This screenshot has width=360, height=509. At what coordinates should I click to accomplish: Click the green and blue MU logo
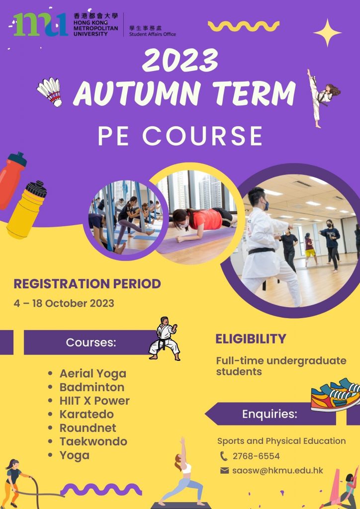click(41, 24)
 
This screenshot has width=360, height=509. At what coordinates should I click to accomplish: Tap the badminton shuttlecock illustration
click(50, 92)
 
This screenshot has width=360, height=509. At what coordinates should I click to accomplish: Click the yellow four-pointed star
click(327, 32)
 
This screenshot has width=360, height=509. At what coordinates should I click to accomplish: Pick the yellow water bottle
click(27, 210)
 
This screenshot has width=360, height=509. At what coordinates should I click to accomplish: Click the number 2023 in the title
click(180, 60)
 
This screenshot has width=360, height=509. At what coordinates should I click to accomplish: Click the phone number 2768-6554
click(256, 456)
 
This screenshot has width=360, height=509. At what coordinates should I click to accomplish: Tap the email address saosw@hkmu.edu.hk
click(278, 470)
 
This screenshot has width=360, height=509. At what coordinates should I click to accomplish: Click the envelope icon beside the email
click(225, 470)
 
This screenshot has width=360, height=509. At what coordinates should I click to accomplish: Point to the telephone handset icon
click(224, 456)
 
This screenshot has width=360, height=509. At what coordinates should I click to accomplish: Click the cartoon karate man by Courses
click(165, 339)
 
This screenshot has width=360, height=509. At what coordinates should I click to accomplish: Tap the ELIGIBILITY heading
click(251, 339)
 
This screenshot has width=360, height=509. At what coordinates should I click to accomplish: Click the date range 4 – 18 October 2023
click(64, 303)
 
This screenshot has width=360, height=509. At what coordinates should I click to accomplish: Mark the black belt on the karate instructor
click(262, 251)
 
